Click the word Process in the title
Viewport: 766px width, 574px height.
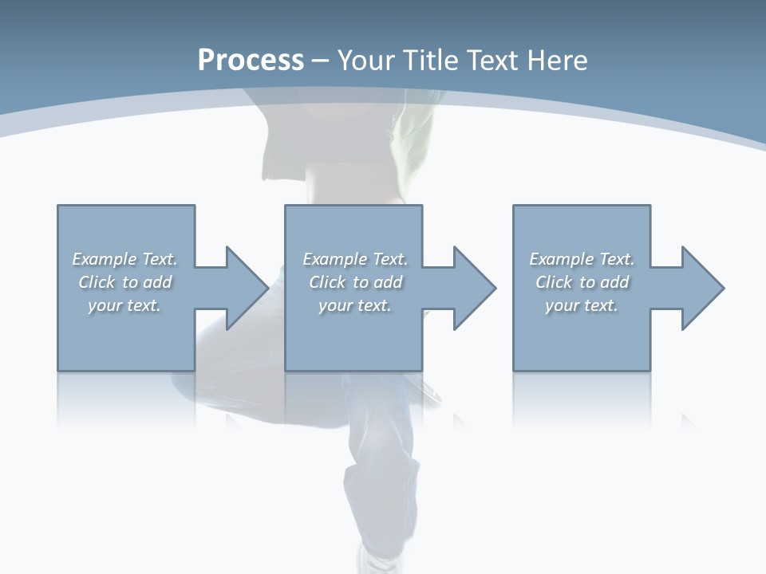click(251, 61)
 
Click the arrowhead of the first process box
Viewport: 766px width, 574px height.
click(247, 288)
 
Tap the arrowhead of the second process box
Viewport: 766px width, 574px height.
click(475, 288)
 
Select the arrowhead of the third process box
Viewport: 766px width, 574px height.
click(703, 288)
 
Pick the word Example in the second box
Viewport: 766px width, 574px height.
click(334, 259)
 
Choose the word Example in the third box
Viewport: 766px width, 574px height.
click(561, 259)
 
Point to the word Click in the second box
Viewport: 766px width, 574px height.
click(327, 282)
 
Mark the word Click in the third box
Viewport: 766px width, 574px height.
click(554, 282)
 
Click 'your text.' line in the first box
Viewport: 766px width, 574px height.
click(124, 305)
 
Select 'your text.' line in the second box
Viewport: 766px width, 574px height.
click(355, 305)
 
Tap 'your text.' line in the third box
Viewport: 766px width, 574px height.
click(582, 305)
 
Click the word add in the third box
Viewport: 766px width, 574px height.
click(614, 282)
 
